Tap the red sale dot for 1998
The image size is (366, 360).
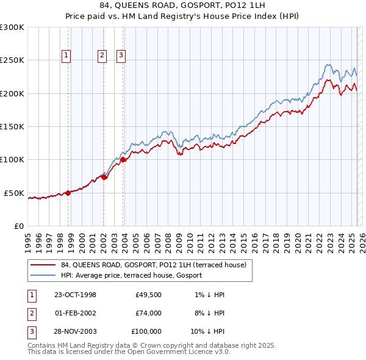coord(68,193)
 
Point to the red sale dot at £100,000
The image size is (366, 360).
coord(123,160)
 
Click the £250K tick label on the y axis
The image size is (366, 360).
coord(12,60)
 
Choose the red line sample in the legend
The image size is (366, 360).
coord(43,265)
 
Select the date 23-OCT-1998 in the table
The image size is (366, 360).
coord(76,295)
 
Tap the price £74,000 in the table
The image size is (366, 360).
coord(148,313)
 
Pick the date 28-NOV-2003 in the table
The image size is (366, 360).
coord(76,331)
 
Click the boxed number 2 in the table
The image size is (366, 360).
coord(32,313)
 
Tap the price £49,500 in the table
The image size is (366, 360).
coord(148,295)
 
